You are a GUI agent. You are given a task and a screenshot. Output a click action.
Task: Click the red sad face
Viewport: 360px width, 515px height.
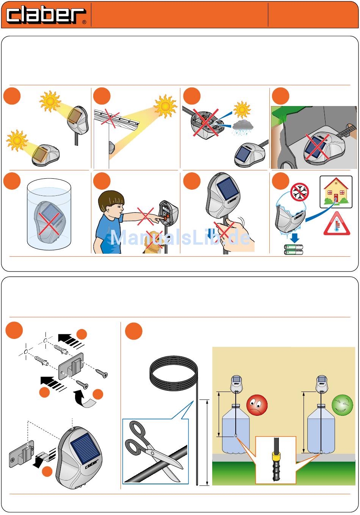257,405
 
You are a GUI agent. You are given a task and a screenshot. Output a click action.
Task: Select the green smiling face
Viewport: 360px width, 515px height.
342,405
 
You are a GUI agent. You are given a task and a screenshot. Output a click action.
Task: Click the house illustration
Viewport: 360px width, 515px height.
336,191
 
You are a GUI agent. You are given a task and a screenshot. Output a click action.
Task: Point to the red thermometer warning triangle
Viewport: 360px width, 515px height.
337,224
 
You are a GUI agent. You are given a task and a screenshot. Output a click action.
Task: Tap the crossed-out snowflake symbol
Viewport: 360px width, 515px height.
299,192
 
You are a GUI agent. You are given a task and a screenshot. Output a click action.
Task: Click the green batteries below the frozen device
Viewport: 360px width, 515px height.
294,250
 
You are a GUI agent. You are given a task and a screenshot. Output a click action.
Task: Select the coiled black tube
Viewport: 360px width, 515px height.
174,374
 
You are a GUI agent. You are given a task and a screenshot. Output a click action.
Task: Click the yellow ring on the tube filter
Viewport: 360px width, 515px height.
276,455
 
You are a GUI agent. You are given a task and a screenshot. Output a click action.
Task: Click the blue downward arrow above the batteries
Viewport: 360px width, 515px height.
294,238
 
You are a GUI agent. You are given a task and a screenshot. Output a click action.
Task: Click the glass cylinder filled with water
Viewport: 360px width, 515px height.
49,214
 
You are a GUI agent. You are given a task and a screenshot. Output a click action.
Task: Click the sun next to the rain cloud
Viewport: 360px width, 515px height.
242,109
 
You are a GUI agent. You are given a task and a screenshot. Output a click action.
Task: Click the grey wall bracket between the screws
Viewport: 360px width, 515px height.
71,366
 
